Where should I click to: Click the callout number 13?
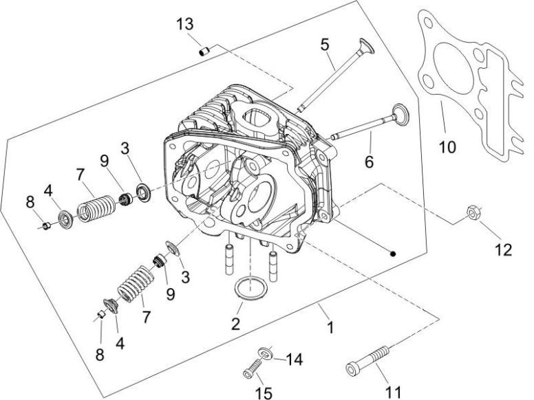click(184, 24)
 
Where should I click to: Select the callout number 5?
click(325, 45)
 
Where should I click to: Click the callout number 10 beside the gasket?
click(448, 146)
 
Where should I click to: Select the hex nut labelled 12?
click(472, 210)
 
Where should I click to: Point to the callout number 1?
click(330, 327)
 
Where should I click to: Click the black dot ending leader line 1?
click(392, 253)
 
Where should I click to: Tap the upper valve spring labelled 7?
click(96, 207)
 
